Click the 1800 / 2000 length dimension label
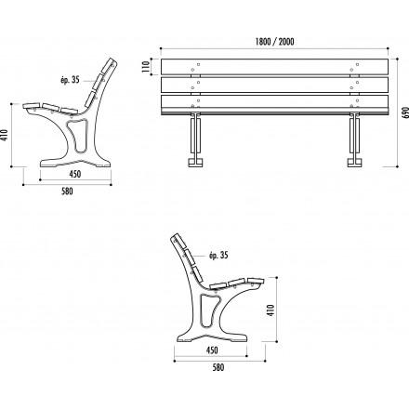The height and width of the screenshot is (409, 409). click(274, 42)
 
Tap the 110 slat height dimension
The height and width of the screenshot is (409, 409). click(145, 66)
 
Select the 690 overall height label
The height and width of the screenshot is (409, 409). click(405, 112)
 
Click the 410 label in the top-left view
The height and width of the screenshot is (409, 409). click(5, 135)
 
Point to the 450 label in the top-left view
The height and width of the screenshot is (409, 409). click(75, 174)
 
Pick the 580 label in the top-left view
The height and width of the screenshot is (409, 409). click(67, 191)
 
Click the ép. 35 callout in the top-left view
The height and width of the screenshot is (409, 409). click(70, 80)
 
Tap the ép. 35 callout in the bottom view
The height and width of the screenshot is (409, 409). click(218, 256)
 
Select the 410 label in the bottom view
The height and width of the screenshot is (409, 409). click(270, 310)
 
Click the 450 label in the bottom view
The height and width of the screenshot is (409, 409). click(212, 350)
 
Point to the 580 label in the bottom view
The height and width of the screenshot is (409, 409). click(218, 367)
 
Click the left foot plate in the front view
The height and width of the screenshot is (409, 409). click(196, 163)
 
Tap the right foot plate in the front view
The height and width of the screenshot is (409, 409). click(355, 163)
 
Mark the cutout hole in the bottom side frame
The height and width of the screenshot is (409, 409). click(208, 310)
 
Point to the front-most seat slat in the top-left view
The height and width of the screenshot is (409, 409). click(32, 105)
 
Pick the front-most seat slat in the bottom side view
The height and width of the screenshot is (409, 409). click(256, 281)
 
